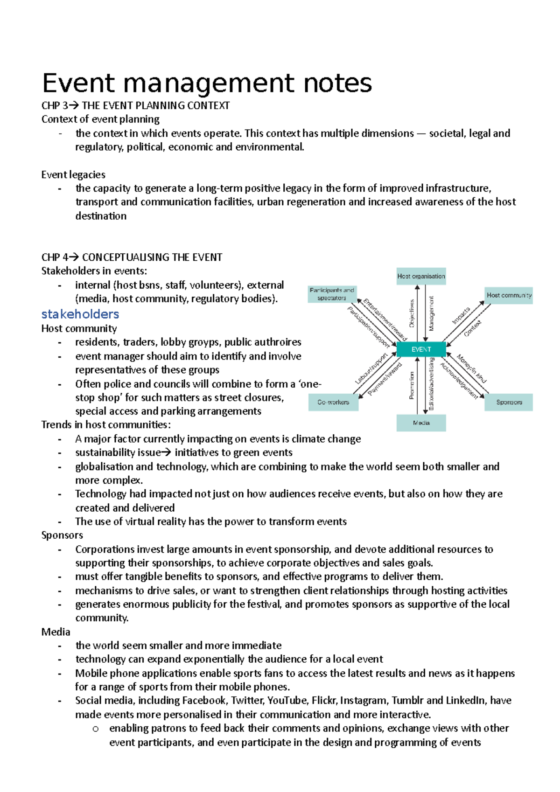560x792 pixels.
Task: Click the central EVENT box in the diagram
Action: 421,349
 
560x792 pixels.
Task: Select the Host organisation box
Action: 421,276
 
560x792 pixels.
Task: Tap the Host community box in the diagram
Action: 509,295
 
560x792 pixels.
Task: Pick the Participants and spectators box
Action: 332,294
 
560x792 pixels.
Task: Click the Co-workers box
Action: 333,402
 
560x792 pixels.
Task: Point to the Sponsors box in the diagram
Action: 509,402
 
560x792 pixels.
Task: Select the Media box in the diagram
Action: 421,423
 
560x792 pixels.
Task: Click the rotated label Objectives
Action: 412,313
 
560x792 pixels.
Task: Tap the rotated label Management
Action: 431,313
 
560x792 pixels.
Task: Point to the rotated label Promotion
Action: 412,385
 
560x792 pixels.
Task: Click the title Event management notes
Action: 207,83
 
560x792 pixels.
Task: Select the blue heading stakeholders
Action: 80,314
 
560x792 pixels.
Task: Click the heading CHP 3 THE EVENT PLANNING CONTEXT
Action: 135,105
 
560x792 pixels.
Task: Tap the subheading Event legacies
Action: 73,174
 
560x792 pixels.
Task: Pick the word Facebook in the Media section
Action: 204,701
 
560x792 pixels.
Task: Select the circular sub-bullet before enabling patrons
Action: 96,729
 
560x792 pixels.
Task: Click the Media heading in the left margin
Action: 56,632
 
